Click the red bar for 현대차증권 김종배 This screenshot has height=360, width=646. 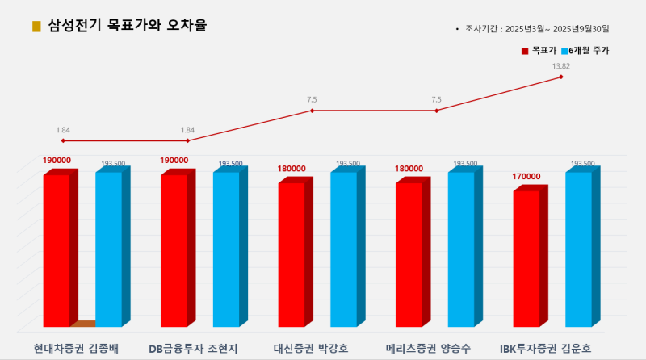57,250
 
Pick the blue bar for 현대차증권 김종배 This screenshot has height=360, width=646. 109,250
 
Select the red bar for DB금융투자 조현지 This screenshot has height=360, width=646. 174,250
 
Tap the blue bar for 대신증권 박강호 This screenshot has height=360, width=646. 343,250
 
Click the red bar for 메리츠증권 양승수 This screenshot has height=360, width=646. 409,254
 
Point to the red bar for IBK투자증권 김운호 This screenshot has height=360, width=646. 526,258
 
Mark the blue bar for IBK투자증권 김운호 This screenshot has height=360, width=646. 577,250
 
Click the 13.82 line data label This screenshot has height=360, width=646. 560,65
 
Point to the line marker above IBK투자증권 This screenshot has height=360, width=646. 560,77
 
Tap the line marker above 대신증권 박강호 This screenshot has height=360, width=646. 312,110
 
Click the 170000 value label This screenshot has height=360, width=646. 525,177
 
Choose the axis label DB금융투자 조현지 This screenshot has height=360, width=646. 193,349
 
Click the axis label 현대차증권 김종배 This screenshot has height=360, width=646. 76,349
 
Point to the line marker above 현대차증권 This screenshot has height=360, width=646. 63,140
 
